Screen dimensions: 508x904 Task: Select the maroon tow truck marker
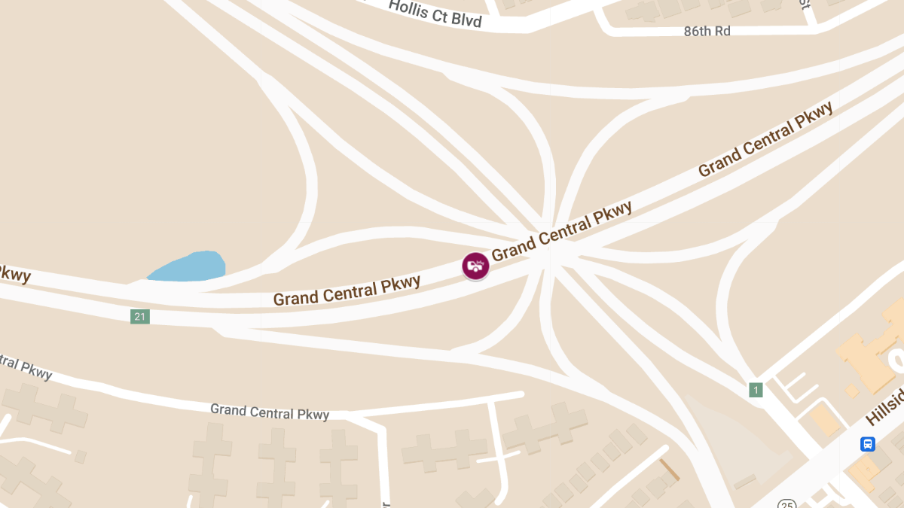(x=475, y=266)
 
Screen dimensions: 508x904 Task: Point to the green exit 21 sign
(x=139, y=317)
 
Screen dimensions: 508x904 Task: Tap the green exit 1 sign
(x=756, y=390)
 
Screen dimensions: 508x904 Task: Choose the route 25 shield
(x=787, y=503)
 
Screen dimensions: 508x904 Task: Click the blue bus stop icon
(x=868, y=444)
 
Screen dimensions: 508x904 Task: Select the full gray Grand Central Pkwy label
(x=270, y=412)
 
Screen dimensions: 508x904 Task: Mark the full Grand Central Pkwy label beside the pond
(x=347, y=291)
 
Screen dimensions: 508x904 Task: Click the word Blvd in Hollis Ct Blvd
(x=466, y=19)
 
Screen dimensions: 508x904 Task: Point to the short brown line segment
(x=670, y=470)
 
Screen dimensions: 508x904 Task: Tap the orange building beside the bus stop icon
(x=863, y=470)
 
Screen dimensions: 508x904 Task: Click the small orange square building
(x=852, y=391)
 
